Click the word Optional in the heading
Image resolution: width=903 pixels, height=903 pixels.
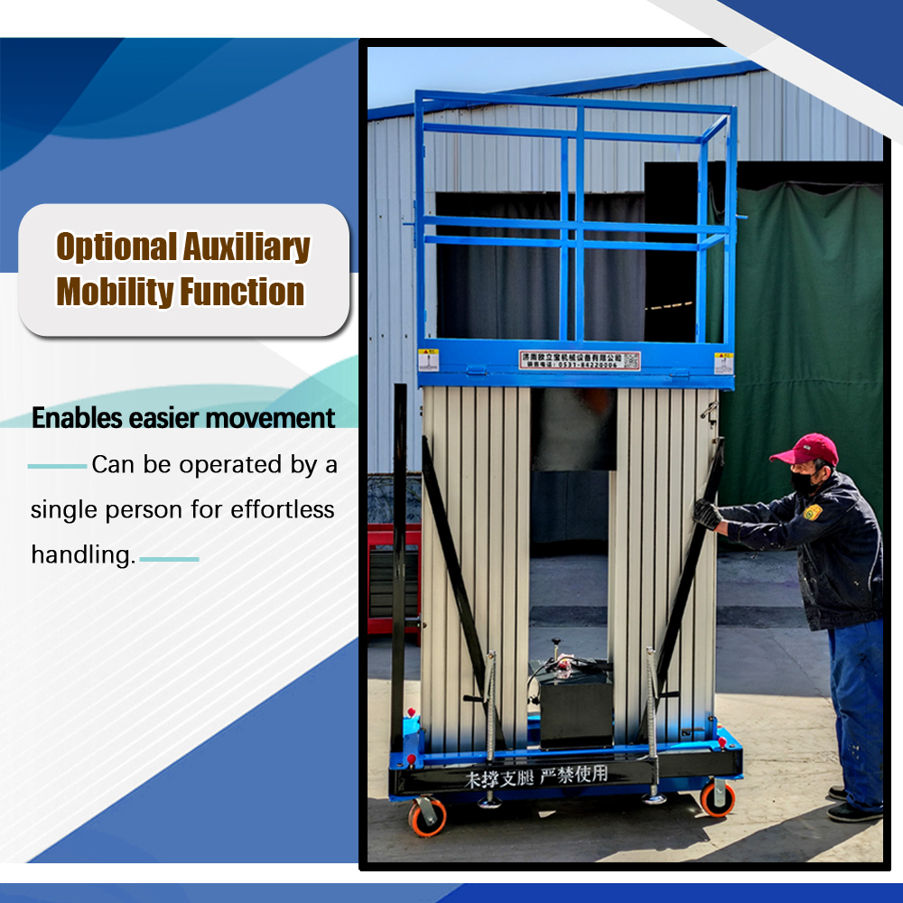click(115, 247)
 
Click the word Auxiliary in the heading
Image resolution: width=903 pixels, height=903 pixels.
click(247, 247)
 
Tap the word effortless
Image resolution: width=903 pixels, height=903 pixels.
click(282, 509)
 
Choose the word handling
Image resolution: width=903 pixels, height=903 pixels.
click(82, 554)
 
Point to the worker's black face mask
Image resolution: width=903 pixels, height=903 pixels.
click(804, 482)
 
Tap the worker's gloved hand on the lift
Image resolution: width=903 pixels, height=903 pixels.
click(707, 514)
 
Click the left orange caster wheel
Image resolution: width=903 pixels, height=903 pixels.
click(426, 816)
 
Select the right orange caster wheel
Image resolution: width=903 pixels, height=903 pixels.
click(718, 798)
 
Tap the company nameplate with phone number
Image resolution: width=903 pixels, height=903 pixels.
click(579, 360)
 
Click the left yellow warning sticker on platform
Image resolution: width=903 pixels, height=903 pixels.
click(428, 360)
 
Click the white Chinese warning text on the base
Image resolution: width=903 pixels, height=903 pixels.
click(536, 776)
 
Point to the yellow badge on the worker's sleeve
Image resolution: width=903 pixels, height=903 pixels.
click(813, 512)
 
